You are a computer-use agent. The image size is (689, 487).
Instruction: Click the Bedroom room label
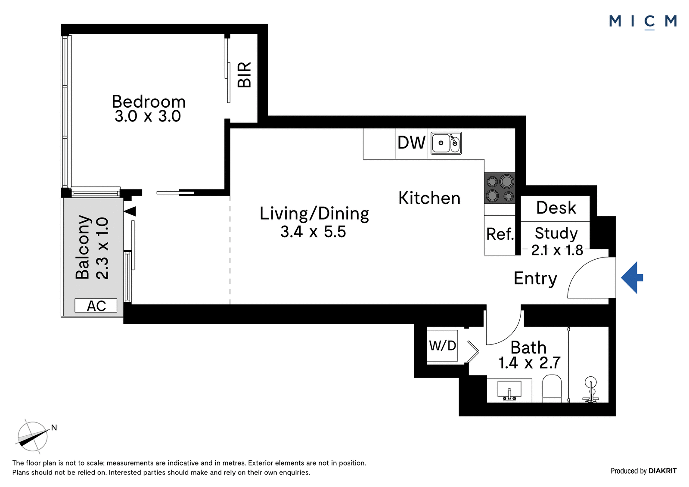coord(149,102)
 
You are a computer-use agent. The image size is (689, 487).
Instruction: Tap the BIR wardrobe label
coord(245,75)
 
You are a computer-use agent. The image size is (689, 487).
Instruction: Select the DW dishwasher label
coord(411,143)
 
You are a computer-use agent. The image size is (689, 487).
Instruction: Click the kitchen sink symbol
coord(446,143)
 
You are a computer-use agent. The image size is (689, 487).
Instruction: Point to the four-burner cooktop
coord(500,188)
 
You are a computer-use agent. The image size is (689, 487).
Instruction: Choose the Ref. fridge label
coord(500,234)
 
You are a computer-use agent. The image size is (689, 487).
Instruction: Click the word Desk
coord(556,208)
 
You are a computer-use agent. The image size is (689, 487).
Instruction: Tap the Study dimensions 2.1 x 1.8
coord(557,250)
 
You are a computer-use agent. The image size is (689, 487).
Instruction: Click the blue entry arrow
coord(632,278)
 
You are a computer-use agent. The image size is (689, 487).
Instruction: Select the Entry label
coord(536,279)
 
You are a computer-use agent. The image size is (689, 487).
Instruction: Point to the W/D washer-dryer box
coord(442,346)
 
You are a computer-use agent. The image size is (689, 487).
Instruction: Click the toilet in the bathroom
coord(552,388)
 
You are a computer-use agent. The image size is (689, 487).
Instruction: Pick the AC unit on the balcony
coord(96,305)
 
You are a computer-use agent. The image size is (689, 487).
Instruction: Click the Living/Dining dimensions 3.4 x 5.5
coord(313,232)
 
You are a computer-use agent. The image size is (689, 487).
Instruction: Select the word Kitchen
coord(429,198)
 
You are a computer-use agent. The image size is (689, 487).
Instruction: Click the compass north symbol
coord(33,436)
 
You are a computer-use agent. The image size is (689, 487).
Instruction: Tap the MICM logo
coord(642,22)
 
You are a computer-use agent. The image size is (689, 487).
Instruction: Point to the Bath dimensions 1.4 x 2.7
coord(529,363)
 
